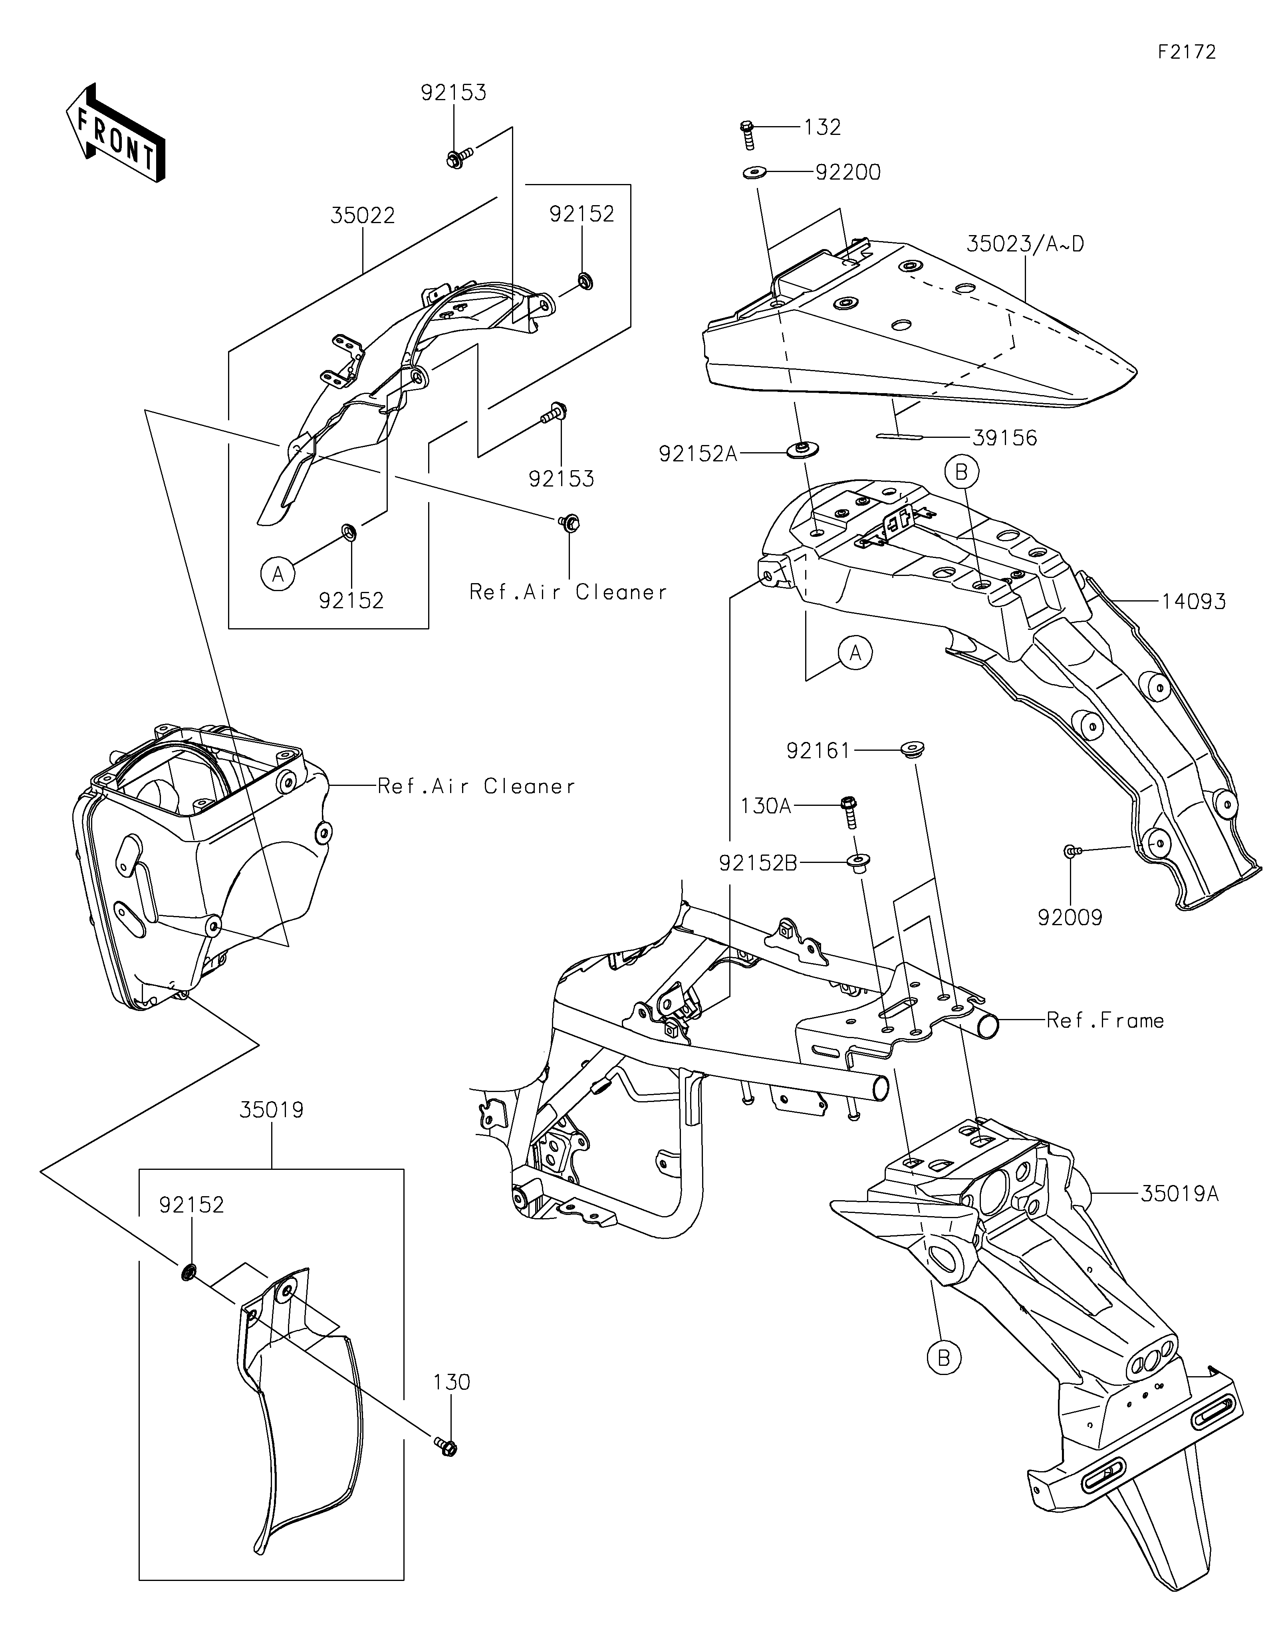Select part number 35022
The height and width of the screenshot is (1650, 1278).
[363, 216]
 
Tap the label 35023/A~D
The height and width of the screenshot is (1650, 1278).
[1026, 244]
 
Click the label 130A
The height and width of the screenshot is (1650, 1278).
[766, 806]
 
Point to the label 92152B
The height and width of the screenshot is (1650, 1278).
[758, 863]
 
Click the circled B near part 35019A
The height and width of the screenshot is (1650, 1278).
[943, 1358]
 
